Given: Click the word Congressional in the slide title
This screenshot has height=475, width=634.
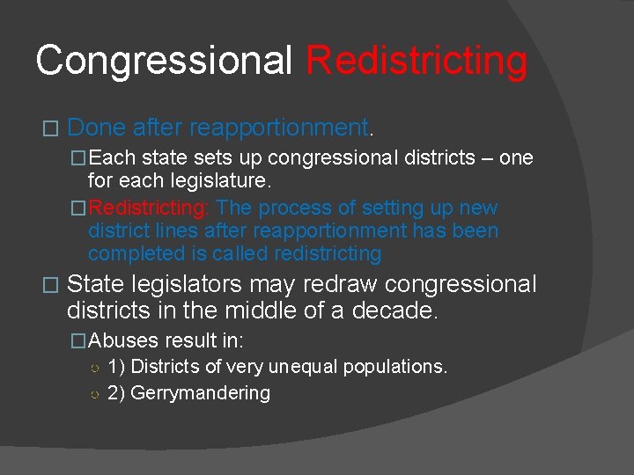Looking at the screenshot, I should click(164, 62).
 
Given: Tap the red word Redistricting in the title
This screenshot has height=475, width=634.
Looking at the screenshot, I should click(416, 62).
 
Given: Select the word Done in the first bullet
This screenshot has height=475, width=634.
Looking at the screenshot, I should click(97, 128).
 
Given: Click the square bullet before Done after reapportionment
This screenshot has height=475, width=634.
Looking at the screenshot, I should click(49, 129).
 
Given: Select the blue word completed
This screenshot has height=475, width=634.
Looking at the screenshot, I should click(131, 254).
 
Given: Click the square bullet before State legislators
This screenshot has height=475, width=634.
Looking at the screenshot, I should click(49, 286).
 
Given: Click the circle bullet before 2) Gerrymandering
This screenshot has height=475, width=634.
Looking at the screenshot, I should click(93, 394).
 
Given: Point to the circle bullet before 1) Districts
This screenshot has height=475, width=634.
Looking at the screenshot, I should click(93, 368).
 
